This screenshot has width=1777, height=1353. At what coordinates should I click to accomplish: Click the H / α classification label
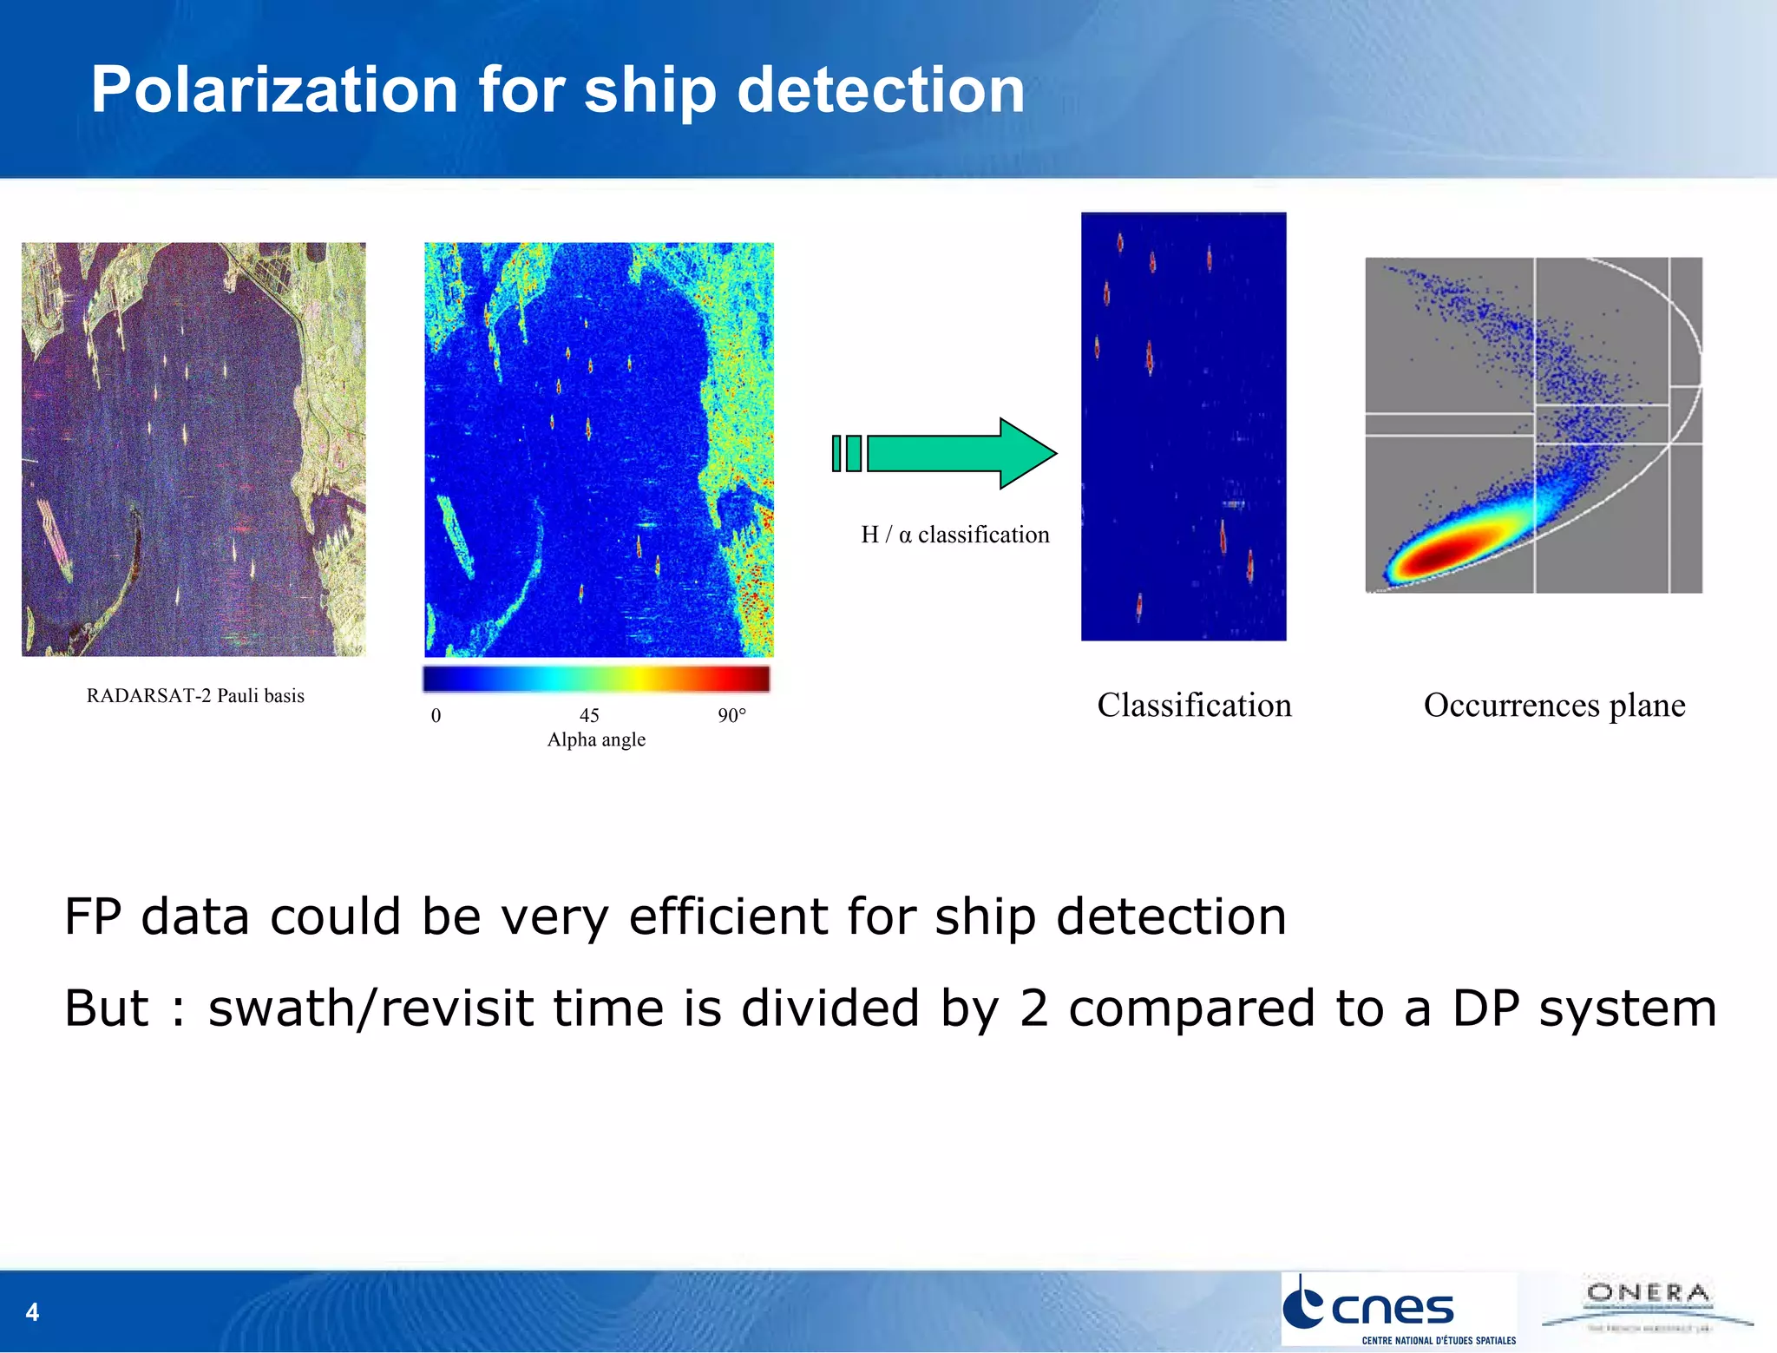(954, 535)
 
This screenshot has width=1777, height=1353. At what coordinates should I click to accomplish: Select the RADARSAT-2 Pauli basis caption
(195, 695)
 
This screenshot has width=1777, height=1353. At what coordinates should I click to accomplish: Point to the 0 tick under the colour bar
(436, 715)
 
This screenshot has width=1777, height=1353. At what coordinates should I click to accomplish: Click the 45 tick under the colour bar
(589, 715)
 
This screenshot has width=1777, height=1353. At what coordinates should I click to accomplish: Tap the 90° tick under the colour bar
(731, 715)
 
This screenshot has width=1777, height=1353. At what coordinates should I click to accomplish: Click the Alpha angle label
(596, 739)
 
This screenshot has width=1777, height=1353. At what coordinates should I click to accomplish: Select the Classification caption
(1194, 705)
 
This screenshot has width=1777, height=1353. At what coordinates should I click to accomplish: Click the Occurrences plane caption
(1554, 705)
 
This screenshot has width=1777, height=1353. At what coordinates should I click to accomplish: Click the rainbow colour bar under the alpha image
(596, 679)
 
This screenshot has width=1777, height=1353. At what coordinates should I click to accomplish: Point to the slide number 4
(32, 1311)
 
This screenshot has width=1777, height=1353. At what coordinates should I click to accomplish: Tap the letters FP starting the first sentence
(92, 916)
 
